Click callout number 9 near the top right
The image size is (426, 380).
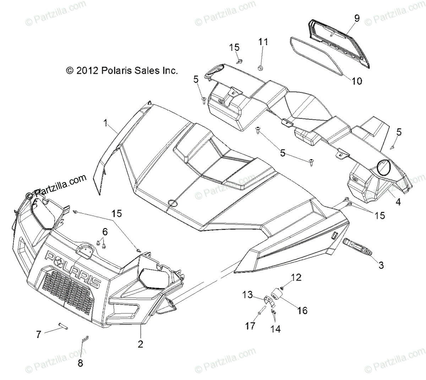(357, 18)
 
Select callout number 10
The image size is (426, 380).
(357, 81)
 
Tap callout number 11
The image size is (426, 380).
(263, 42)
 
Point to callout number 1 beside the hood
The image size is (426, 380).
(105, 123)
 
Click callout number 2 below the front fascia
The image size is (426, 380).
(140, 344)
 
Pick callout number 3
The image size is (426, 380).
(381, 265)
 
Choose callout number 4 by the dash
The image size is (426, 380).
(398, 202)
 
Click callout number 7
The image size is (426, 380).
(38, 334)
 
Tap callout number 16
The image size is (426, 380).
(302, 310)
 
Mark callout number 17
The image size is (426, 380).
(250, 326)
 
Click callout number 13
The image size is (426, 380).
(247, 294)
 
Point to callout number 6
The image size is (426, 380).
(105, 232)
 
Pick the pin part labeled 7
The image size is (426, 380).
(63, 326)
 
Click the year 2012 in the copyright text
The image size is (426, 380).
(87, 71)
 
